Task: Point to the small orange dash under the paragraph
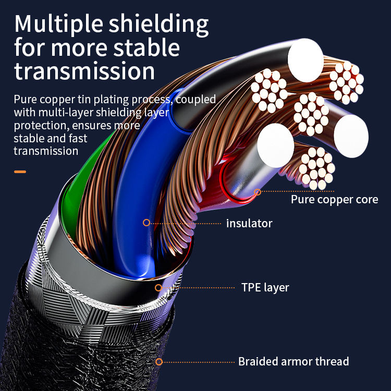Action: coord(20,172)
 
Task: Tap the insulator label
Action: coord(249,224)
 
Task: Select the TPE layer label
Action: coord(265,288)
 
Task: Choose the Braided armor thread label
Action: coord(294,361)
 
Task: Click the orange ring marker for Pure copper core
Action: coord(258,192)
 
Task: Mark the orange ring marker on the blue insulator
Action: coord(146,223)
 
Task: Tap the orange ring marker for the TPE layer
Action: coord(158,287)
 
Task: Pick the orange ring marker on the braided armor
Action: coord(159,361)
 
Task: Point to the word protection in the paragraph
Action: coord(40,126)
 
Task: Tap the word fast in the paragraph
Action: coord(77,139)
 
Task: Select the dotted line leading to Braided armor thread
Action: coord(198,361)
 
